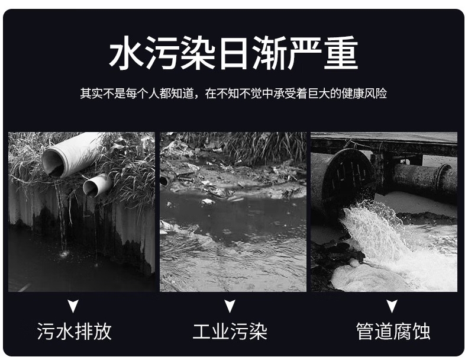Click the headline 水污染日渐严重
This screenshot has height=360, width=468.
click(233, 53)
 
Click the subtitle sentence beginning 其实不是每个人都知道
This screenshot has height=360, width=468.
click(233, 94)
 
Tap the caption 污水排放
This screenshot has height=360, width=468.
click(75, 331)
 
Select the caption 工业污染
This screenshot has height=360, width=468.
click(230, 331)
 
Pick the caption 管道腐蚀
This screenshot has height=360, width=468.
click(393, 331)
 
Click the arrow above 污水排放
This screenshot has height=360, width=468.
click(73, 306)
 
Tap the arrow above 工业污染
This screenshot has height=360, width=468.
click(230, 306)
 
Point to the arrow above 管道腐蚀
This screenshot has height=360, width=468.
click(392, 306)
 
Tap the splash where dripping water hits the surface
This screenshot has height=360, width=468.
click(63, 254)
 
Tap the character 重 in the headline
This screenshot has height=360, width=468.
click(341, 53)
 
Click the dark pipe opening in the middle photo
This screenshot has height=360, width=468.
click(163, 181)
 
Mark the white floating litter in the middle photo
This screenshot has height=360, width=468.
click(208, 202)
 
